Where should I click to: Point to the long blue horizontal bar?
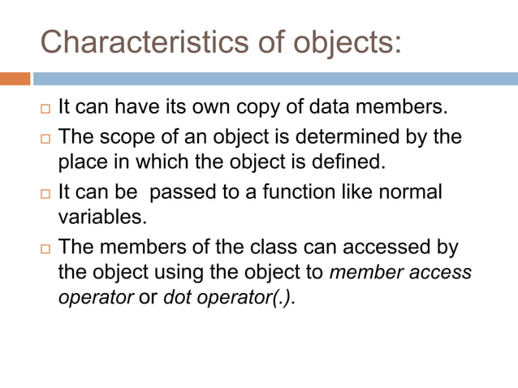pyautogui.click(x=274, y=79)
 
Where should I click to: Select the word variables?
pyautogui.click(x=93, y=218)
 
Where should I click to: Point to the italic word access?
pyautogui.click(x=442, y=272)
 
